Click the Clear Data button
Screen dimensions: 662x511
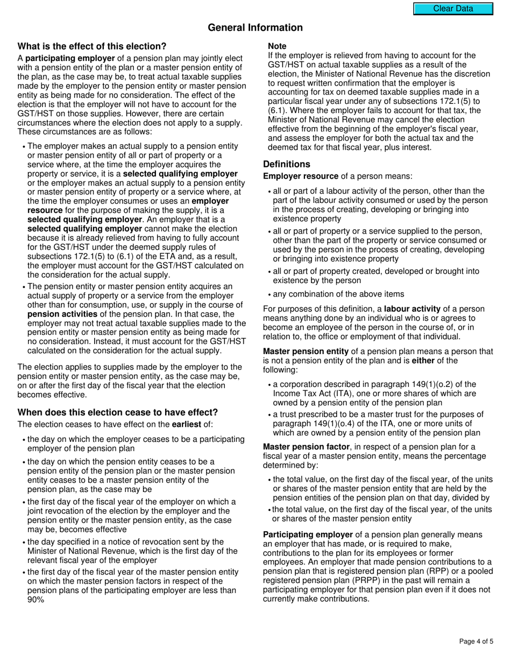[453, 9]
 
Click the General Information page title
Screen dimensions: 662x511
[255, 27]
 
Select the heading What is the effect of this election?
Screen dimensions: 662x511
[92, 46]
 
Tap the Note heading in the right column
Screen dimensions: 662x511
[277, 46]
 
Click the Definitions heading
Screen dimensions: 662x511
[286, 164]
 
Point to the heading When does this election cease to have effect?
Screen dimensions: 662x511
[118, 412]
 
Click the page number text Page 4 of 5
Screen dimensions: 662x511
[476, 641]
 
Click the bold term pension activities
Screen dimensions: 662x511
[62, 314]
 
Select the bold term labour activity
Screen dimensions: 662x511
[411, 309]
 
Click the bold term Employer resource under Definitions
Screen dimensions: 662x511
[301, 176]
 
